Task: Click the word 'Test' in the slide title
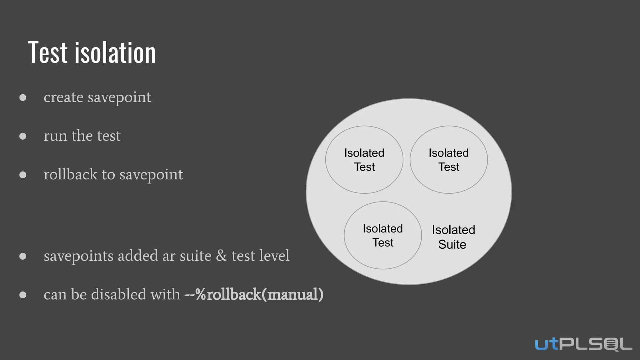click(48, 52)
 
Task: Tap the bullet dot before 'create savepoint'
click(23, 97)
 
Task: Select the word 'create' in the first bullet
click(63, 97)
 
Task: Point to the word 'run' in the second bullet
click(55, 136)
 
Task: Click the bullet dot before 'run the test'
click(23, 136)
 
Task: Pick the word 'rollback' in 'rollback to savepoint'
click(71, 174)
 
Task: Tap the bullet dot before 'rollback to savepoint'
click(23, 175)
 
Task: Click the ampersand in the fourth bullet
click(222, 256)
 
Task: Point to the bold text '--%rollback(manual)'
click(254, 294)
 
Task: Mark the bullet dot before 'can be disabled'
click(23, 295)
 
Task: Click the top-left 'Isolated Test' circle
click(364, 160)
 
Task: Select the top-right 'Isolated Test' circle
click(448, 160)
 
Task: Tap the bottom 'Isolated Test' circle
click(383, 235)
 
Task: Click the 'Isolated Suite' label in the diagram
click(453, 237)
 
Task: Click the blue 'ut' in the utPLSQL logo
click(547, 344)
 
